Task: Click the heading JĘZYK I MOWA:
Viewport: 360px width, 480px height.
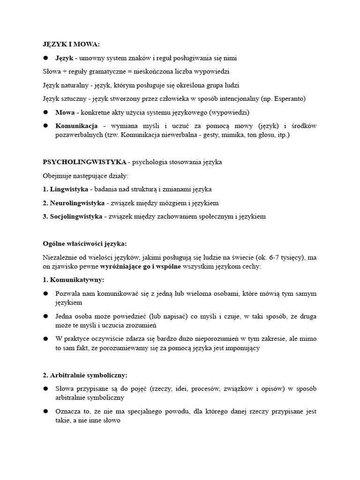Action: [x=72, y=45]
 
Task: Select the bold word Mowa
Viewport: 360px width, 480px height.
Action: [x=65, y=112]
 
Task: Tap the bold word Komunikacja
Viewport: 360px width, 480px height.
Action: [x=76, y=126]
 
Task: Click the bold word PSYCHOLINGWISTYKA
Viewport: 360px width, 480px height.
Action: [x=84, y=162]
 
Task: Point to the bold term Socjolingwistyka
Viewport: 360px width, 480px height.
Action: [x=75, y=217]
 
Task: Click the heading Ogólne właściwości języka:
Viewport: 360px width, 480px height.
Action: [x=85, y=244]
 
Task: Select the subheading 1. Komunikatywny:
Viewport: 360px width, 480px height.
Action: [x=74, y=280]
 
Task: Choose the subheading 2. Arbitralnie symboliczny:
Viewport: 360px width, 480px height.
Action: [x=85, y=375]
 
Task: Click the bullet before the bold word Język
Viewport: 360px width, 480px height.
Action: [x=46, y=58]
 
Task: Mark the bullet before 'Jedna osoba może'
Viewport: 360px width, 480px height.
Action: [x=46, y=317]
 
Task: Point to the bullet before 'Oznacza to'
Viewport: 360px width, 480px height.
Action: [x=46, y=411]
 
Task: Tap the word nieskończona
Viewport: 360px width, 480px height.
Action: [x=160, y=72]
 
